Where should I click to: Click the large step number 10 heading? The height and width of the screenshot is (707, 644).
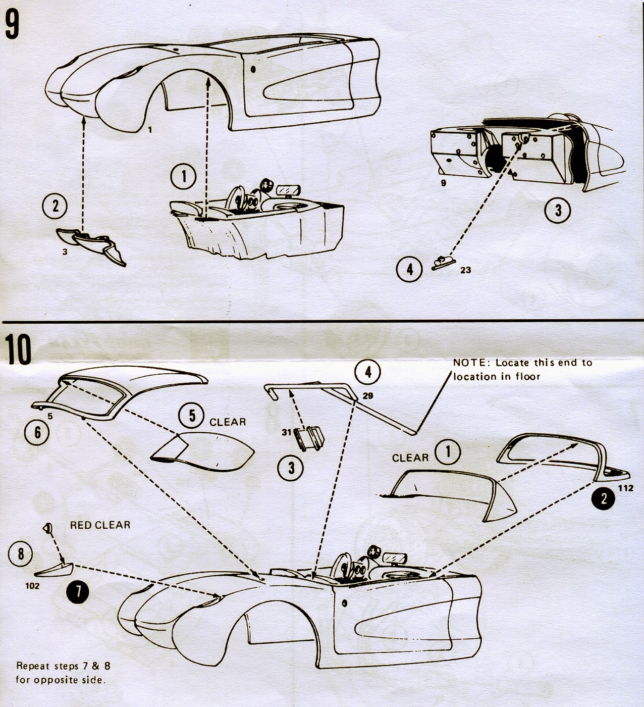18,349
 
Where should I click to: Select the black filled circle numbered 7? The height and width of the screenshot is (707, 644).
78,591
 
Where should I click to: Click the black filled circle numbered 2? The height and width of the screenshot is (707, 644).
603,499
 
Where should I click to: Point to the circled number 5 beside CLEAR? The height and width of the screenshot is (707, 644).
192,416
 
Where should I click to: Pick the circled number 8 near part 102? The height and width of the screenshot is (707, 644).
21,554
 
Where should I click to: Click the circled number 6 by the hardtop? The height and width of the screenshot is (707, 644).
38,432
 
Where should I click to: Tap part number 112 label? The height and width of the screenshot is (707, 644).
625,488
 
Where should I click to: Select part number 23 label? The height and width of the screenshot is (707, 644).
465,270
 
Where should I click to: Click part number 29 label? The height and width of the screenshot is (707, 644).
368,396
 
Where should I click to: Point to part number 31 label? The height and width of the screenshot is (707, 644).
287,432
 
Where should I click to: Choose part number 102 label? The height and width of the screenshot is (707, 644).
32,586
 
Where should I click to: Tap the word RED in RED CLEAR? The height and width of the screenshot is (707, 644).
81,525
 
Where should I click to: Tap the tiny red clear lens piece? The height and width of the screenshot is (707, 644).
47,529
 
